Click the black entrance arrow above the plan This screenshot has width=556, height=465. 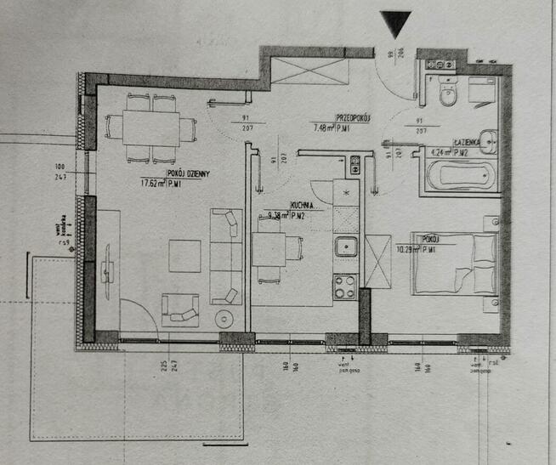coord(396,23)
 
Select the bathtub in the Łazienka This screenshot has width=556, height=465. coord(459,176)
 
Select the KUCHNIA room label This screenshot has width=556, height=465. coord(304,206)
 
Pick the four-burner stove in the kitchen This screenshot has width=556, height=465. coord(344,286)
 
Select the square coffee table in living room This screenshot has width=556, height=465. coord(184,255)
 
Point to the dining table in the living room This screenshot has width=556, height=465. coord(150,128)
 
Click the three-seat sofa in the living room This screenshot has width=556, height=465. coord(226,255)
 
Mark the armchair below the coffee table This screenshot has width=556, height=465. coord(180,310)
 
